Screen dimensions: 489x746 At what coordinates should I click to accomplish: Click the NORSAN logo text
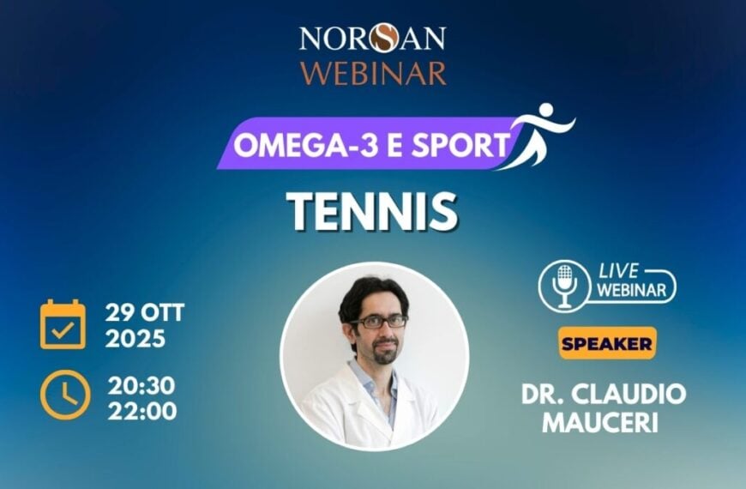tap(372, 38)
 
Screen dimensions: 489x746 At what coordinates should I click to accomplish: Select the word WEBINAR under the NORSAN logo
tap(372, 72)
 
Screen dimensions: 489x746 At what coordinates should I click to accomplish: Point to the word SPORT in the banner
tap(462, 145)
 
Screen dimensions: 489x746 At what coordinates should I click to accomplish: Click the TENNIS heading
tap(371, 211)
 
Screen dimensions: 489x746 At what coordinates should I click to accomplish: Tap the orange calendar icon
tap(63, 324)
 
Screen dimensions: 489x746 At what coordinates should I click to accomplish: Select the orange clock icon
tap(63, 394)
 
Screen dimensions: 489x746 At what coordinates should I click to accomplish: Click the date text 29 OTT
tap(145, 312)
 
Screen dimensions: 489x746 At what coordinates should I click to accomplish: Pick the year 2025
tap(135, 339)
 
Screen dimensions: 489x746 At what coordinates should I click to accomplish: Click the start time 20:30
tap(142, 384)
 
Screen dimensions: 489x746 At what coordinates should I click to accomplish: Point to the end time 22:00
tap(142, 410)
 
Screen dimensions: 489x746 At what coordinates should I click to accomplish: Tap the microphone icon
tap(564, 285)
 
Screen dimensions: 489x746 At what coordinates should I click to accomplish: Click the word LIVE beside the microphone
tap(619, 272)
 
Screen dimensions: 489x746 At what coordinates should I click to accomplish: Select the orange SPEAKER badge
tap(607, 343)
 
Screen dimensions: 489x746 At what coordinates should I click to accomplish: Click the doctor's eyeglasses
tap(379, 322)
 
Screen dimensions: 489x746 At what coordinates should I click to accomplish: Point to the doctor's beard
tap(384, 352)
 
